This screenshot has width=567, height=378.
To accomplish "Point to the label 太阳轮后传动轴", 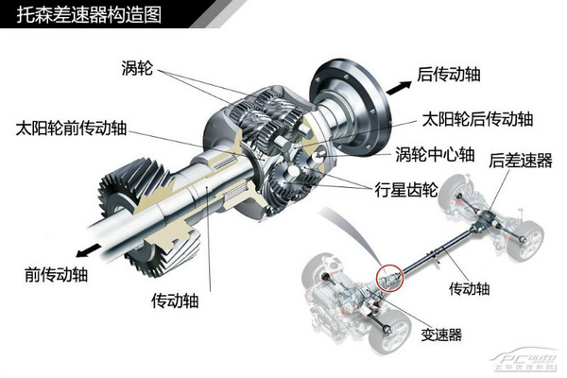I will click(x=476, y=120).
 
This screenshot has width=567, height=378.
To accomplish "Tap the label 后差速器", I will click(x=521, y=161).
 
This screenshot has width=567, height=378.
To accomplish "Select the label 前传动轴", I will click(x=56, y=274).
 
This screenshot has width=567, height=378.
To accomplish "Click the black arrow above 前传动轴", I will click(x=89, y=248).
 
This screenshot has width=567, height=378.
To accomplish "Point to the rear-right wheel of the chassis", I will click(x=529, y=232).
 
